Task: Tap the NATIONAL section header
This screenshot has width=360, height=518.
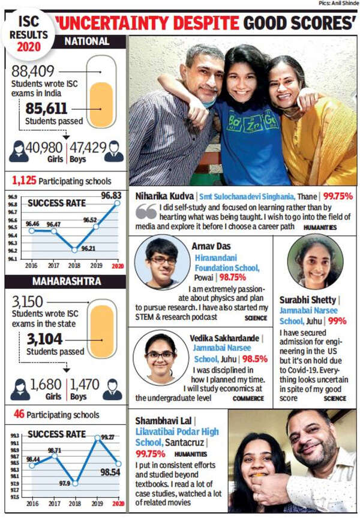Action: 86,41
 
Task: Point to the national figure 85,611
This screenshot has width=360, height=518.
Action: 46,109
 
